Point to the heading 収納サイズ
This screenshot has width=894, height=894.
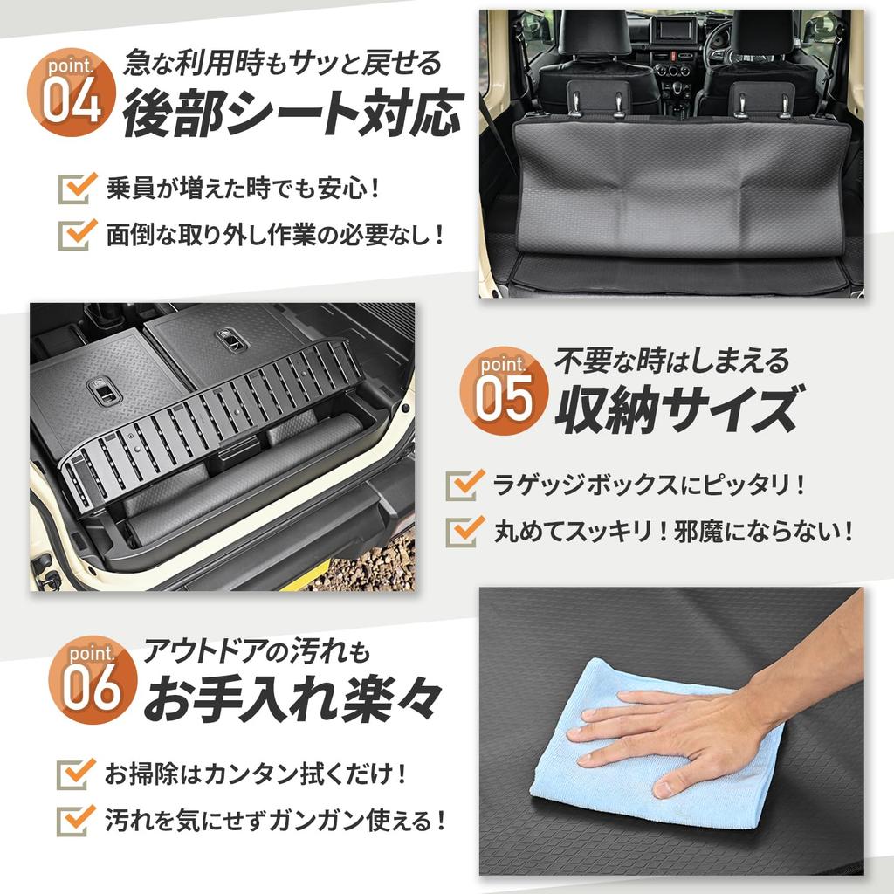pos(676,409)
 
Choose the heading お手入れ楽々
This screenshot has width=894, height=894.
pos(292,702)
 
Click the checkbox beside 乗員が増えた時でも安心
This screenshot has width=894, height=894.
pos(76,187)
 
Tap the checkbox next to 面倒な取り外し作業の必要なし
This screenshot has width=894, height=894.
pos(76,233)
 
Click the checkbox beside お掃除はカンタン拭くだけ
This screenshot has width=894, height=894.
pos(76,774)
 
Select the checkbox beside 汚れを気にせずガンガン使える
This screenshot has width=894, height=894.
pos(76,820)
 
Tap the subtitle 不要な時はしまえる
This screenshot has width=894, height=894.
pos(672,359)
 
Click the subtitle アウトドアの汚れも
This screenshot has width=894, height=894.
pos(258,651)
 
